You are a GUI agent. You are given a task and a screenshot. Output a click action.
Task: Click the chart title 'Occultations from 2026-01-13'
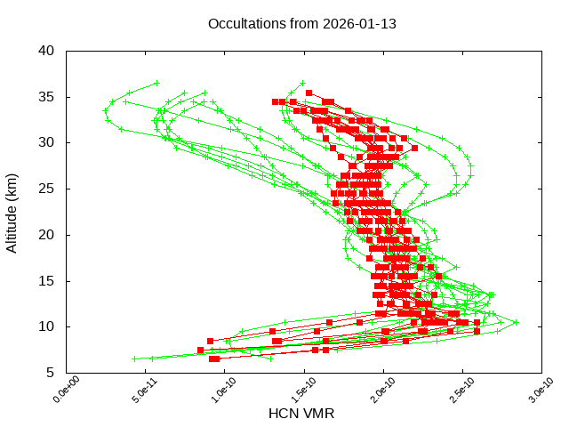click(301, 23)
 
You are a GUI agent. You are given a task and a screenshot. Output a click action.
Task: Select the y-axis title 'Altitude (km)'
click(12, 212)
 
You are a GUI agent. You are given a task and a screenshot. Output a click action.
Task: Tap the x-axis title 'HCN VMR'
click(301, 414)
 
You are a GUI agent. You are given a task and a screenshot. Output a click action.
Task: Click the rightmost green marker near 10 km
click(516, 322)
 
